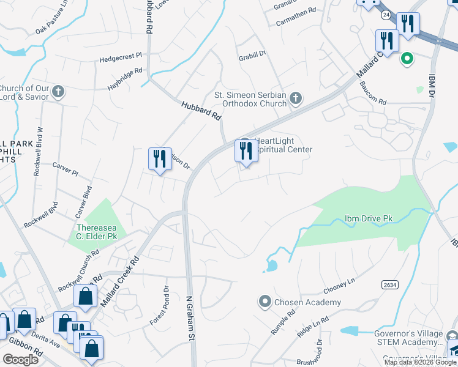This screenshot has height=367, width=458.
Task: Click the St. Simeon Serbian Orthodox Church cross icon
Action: click(296, 98)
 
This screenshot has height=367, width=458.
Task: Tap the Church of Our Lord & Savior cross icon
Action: click(58, 92)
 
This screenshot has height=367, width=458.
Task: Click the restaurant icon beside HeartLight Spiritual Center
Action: click(246, 150)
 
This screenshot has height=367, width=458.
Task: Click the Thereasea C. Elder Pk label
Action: click(97, 231)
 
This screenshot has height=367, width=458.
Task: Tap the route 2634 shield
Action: click(389, 285)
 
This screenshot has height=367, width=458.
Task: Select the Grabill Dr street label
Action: click(252, 54)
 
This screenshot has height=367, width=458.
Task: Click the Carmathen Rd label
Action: click(295, 10)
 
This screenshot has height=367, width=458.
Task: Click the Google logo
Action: click(20, 359)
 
